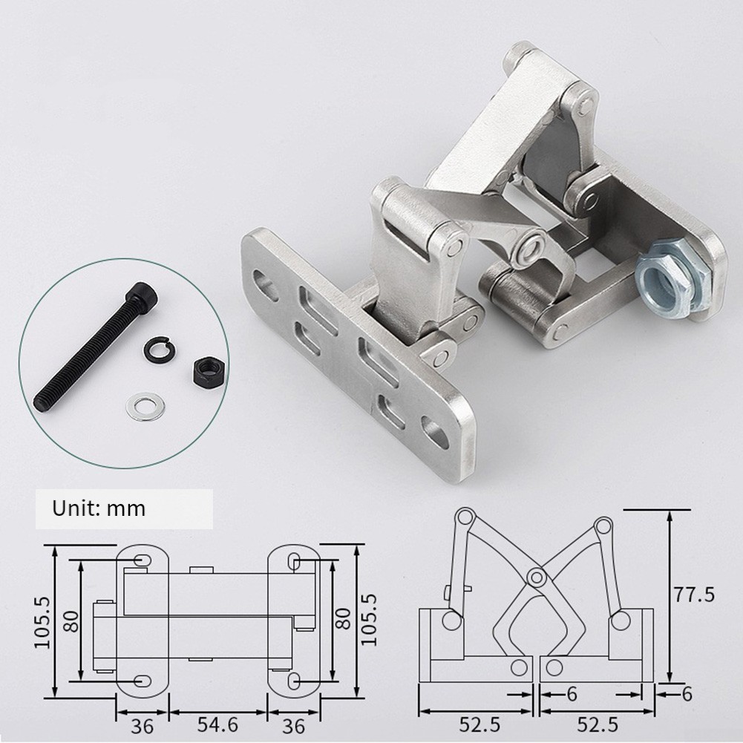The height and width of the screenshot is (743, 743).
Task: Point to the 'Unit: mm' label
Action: [x=99, y=509]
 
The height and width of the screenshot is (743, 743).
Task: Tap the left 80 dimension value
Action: [x=71, y=621]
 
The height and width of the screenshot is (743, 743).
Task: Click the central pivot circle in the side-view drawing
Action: [x=535, y=576]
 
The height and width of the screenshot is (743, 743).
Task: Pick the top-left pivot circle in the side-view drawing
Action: [x=465, y=517]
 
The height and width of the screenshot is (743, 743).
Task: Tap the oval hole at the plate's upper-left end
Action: [x=265, y=283]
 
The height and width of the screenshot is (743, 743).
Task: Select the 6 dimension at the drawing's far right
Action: [x=687, y=694]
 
